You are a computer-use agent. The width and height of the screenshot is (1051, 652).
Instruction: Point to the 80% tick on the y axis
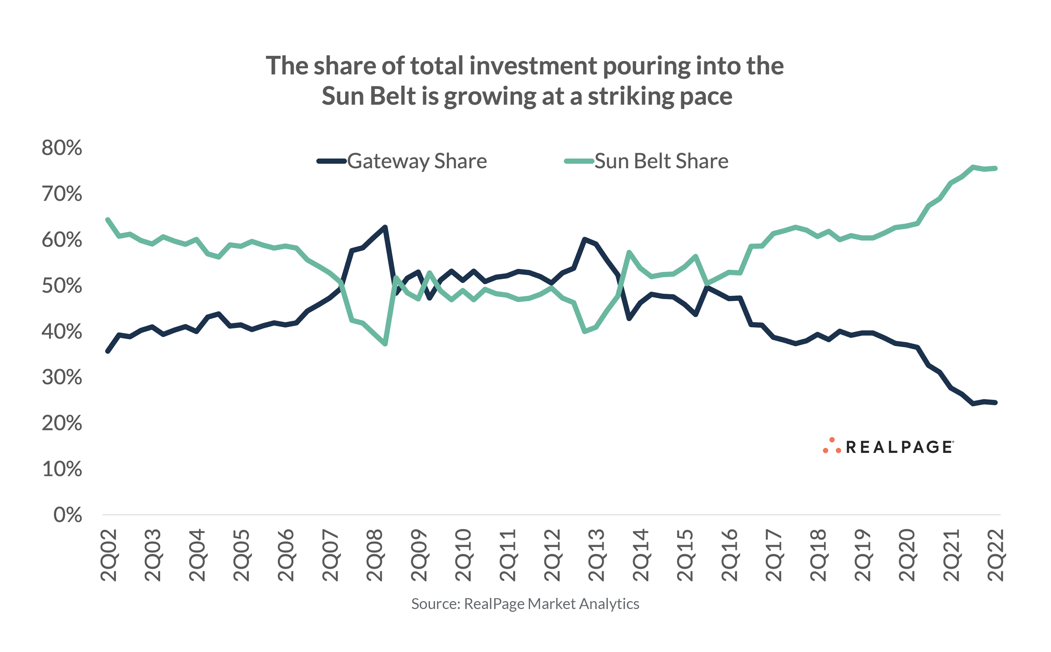[62, 148]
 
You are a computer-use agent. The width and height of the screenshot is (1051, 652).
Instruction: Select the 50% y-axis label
[62, 285]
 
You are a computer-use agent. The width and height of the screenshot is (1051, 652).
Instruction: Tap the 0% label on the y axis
[68, 515]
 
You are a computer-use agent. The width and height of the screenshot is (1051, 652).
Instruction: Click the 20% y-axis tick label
[62, 423]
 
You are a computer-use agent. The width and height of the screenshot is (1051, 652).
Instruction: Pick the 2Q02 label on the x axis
[109, 556]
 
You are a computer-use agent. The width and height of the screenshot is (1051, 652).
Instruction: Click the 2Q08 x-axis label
[374, 556]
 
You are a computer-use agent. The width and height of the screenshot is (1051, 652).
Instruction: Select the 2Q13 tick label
[596, 556]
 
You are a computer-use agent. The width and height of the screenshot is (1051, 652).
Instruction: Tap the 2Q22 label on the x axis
[996, 556]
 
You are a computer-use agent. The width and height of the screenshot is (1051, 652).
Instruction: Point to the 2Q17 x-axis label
[774, 556]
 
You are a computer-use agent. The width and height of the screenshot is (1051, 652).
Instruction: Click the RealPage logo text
[900, 447]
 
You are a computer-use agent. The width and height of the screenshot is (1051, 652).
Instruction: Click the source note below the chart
[525, 604]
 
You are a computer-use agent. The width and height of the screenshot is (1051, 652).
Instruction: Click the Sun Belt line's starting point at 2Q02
[108, 220]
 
